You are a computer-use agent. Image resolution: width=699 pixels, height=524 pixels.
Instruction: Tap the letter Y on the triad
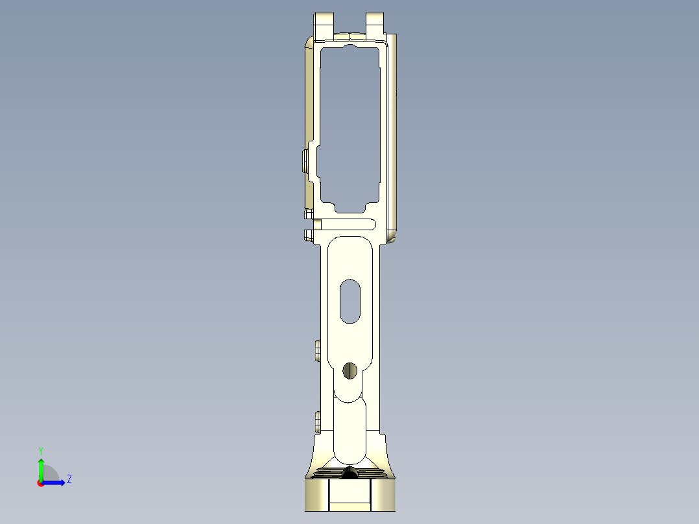(x=41, y=451)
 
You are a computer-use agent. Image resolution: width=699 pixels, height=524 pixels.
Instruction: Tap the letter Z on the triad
(x=69, y=480)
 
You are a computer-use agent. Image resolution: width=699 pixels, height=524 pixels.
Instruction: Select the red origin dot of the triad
(x=41, y=482)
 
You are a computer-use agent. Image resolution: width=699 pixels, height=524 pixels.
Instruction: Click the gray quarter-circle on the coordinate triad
(x=50, y=473)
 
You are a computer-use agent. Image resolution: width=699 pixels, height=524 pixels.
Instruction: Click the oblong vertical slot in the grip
(x=350, y=301)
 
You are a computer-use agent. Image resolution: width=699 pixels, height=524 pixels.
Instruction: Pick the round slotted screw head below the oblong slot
(x=350, y=370)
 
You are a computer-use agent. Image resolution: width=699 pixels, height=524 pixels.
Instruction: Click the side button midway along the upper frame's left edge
(x=305, y=161)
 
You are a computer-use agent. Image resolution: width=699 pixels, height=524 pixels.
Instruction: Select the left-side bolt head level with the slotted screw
(x=317, y=351)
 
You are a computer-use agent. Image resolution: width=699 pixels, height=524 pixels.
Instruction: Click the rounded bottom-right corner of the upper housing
(x=393, y=237)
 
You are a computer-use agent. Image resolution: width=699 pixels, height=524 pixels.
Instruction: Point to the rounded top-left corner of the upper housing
(x=309, y=43)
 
